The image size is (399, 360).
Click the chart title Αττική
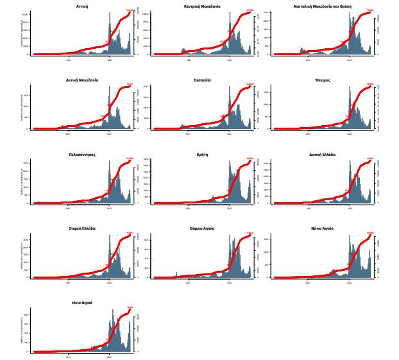tap(81, 6)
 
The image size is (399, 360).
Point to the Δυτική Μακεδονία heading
tap(81, 80)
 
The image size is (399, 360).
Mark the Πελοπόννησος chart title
tap(81, 155)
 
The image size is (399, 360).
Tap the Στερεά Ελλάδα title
tap(81, 228)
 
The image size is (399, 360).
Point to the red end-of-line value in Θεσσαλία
tap(250, 84)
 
